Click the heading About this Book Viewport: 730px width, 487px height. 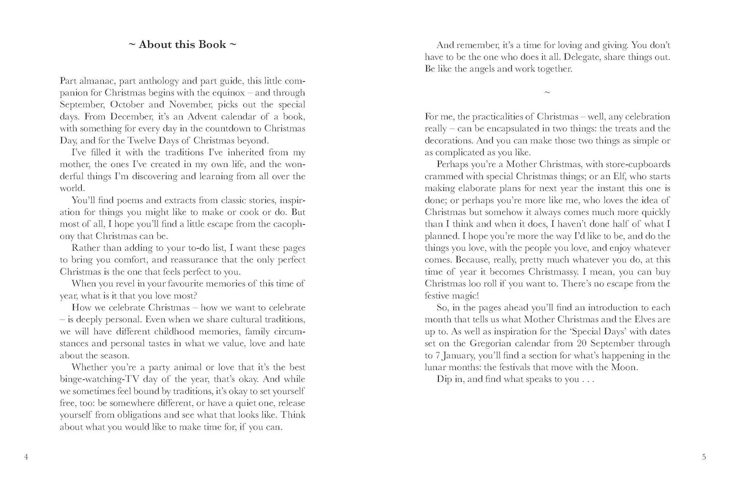tap(182, 45)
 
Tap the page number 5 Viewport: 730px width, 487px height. tap(704, 457)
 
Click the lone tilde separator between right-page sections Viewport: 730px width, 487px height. tap(547, 93)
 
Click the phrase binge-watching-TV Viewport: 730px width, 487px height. tap(107, 379)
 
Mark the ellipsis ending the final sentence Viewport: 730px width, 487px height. tap(588, 379)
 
